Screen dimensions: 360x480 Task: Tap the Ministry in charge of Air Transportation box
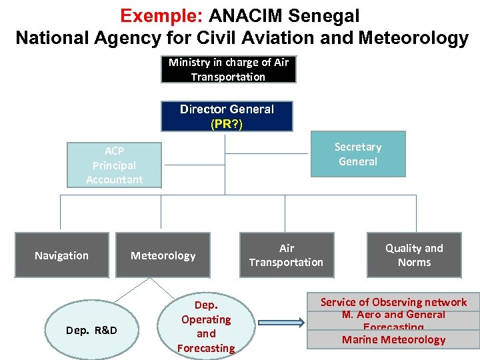point(228,69)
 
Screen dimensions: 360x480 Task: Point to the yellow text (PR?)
point(227,124)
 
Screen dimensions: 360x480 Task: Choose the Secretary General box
point(358,155)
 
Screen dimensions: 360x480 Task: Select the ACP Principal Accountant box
point(114,165)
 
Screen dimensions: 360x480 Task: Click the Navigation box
point(62,255)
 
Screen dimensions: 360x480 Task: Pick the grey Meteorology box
point(163,255)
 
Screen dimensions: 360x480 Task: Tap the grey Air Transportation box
point(286,255)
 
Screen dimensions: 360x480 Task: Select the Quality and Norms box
point(414,255)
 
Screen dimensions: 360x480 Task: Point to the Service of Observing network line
point(393,302)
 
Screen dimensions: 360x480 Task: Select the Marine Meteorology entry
point(393,339)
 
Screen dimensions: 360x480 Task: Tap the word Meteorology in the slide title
point(413,37)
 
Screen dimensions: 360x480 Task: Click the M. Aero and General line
point(393,315)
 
